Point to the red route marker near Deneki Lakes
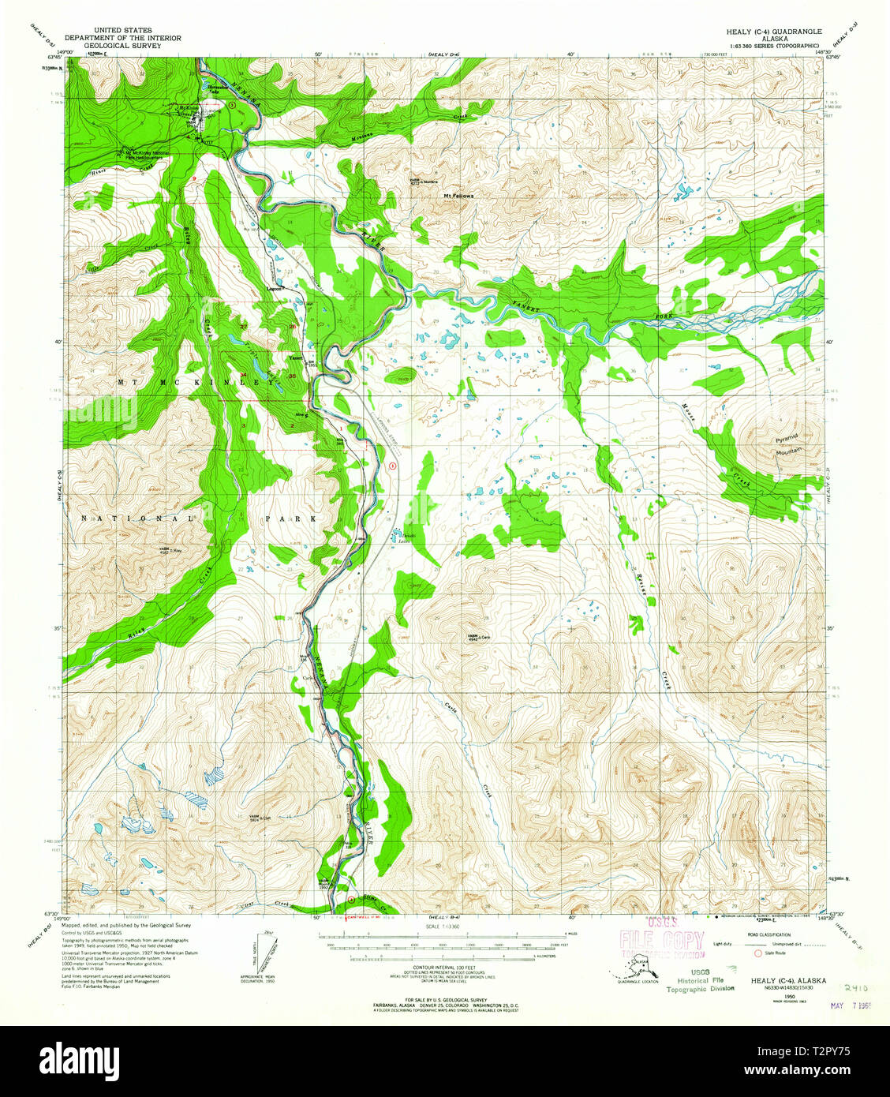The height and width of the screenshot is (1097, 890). (x=393, y=466)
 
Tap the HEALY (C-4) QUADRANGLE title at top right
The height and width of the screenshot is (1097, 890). (x=763, y=32)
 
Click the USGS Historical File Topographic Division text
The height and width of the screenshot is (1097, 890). (x=705, y=979)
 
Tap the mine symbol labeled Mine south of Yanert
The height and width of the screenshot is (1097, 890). (x=301, y=414)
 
